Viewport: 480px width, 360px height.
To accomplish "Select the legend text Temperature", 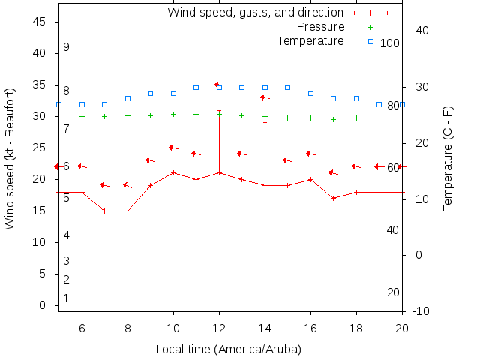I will pos(310,40).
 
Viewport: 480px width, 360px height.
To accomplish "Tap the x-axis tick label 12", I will pos(219,328).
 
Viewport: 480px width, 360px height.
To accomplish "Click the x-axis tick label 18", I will pos(356,328).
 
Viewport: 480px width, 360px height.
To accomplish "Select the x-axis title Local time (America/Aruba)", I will pos(229,349).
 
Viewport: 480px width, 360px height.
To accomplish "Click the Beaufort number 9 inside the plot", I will pos(66,47).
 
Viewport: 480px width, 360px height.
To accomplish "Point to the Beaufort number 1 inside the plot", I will pos(66,298).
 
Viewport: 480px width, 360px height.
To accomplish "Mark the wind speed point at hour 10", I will pos(173,172).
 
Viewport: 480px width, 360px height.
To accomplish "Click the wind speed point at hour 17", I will pos(333,198).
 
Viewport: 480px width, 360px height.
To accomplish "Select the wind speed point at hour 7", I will pos(105,211).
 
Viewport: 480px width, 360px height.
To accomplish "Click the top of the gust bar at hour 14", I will pos(265,122).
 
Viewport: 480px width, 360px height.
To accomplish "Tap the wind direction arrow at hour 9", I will pos(150,160).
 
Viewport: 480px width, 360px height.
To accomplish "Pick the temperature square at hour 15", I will pos(287,87).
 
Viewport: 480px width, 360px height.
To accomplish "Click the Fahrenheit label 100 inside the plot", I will pos(390,43).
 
